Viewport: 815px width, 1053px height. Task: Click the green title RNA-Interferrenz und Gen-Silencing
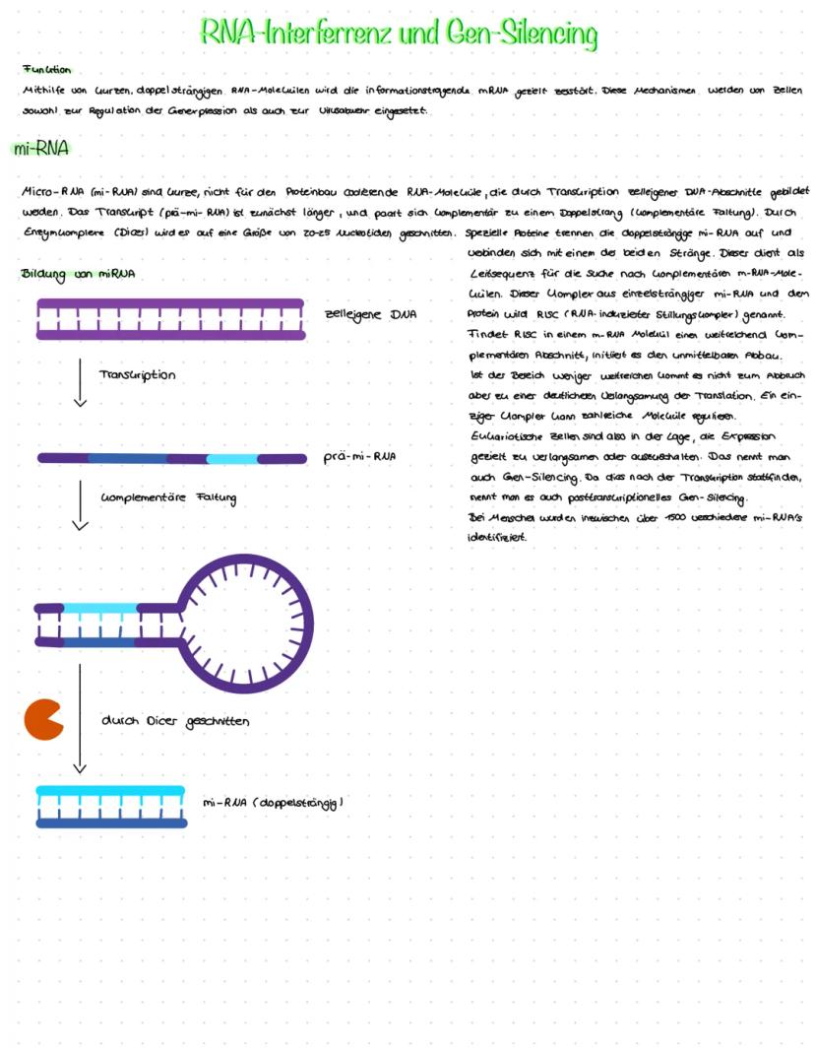click(x=399, y=33)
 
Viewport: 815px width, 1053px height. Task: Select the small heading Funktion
click(x=46, y=69)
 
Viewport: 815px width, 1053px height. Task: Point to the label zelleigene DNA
click(x=370, y=314)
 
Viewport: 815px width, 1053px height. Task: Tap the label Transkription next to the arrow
click(x=138, y=375)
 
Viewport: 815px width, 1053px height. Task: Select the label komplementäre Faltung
click(x=168, y=496)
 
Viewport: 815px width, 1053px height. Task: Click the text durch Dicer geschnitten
click(x=175, y=721)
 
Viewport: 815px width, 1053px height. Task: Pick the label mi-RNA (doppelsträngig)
click(x=273, y=803)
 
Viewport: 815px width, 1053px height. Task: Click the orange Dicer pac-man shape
click(x=43, y=719)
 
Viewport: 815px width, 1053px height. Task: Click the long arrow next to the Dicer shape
click(x=80, y=718)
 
